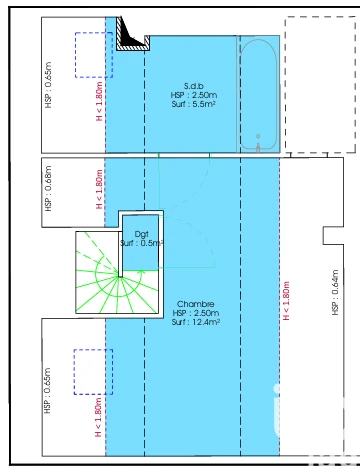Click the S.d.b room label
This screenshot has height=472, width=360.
pos(194,86)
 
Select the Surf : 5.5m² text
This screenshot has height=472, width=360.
pos(194,104)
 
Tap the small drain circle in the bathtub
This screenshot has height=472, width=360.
pos(258,136)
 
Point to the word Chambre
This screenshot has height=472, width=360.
pos(195,304)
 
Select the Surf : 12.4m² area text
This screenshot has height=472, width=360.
pos(196,322)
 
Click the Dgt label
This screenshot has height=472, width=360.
pos(141,234)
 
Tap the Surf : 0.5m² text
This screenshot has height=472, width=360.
pos(141,243)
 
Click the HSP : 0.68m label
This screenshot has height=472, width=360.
pos(48,188)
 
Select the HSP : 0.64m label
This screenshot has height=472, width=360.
pos(335,292)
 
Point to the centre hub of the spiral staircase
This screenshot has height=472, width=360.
pos(119,276)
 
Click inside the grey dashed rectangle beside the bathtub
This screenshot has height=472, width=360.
pos(320,84)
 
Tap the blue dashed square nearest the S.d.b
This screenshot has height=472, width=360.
pos(94,55)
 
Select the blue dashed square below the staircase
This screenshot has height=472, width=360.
pos(93,372)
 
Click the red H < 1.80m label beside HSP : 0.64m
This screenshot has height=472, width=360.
pos(286,301)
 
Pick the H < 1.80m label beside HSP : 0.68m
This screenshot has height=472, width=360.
pos(99,189)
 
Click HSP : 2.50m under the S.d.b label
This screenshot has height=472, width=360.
pos(194,95)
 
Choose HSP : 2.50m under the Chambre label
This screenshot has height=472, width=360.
pos(196,313)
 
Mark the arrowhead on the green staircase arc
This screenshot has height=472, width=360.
pos(142,273)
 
